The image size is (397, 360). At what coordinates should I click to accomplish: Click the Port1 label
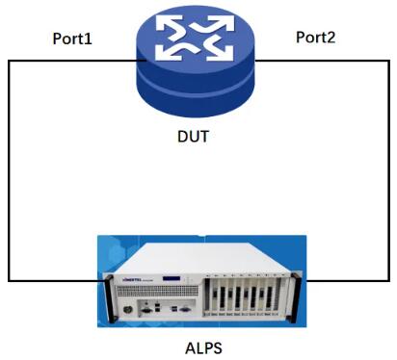point(72,39)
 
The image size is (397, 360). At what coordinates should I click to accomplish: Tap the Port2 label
point(316,38)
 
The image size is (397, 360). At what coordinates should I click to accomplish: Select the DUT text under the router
point(194,137)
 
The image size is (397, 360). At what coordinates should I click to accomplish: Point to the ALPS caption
point(203,348)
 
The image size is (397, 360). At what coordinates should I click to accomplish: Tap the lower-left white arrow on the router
point(172,51)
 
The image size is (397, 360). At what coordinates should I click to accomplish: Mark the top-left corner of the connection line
point(9,61)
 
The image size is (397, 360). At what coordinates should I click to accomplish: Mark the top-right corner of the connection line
point(389,61)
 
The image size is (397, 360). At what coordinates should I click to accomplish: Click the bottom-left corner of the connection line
point(9,281)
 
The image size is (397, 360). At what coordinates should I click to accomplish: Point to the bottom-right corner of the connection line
point(389,281)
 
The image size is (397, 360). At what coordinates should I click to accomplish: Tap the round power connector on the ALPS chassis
point(128,310)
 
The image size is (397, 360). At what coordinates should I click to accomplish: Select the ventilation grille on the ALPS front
point(157,291)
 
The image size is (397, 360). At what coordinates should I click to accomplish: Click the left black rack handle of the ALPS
point(108,298)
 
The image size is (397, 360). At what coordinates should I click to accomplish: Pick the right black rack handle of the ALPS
point(296,298)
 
